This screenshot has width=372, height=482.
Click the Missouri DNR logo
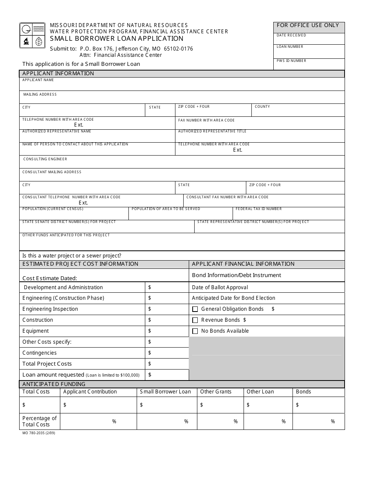pos(33,36)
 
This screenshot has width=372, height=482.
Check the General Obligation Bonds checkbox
pos(195,309)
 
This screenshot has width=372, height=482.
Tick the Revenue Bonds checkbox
pos(195,320)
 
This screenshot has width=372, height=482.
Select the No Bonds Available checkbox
pos(195,331)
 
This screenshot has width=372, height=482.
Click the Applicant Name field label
pos(38,80)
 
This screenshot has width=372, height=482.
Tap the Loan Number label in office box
pos(290,47)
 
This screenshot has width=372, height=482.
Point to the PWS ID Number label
pos(291,61)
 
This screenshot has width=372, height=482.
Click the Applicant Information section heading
pos(58,73)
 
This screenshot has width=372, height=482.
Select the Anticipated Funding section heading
pos(54,384)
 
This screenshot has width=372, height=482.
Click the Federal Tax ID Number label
pos(258,209)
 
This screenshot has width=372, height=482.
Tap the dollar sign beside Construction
pos(150,320)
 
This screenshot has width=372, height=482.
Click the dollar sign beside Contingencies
pos(150,353)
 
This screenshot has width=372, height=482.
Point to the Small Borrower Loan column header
pos(165,391)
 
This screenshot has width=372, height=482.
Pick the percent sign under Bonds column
pos(333,422)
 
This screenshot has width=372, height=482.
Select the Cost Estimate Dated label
pos(50,278)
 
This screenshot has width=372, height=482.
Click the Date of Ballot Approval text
pos(220,287)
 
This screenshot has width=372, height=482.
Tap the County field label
pos(262,107)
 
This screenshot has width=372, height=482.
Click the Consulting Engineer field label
pos(45,159)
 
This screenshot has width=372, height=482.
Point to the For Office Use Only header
pos(308,25)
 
